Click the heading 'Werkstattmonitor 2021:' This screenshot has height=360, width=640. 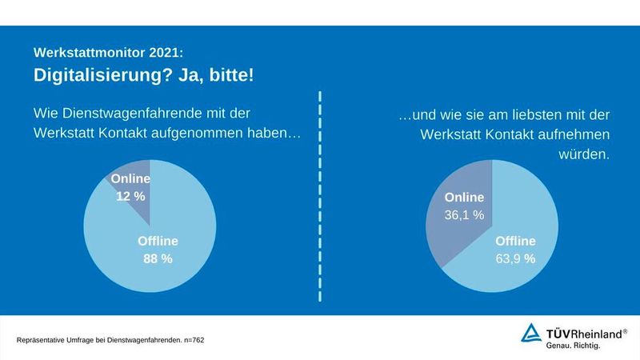(108, 52)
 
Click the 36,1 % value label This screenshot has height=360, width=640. (465, 214)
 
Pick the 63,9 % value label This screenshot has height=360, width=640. (515, 258)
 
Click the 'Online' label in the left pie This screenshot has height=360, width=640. (129, 179)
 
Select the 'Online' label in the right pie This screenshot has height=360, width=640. (465, 198)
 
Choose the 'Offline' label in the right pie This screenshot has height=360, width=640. (515, 240)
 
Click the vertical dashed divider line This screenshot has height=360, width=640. (320, 200)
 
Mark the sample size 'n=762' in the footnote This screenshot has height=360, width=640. (192, 340)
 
